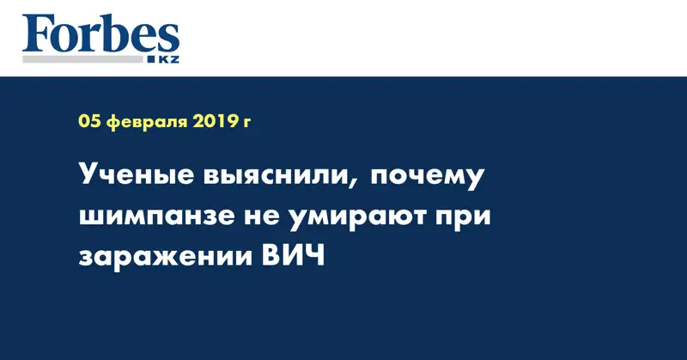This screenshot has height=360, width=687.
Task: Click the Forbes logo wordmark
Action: pos(100,36)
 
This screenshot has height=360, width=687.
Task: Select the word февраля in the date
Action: pos(142,123)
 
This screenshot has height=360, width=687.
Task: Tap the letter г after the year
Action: pos(247,124)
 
